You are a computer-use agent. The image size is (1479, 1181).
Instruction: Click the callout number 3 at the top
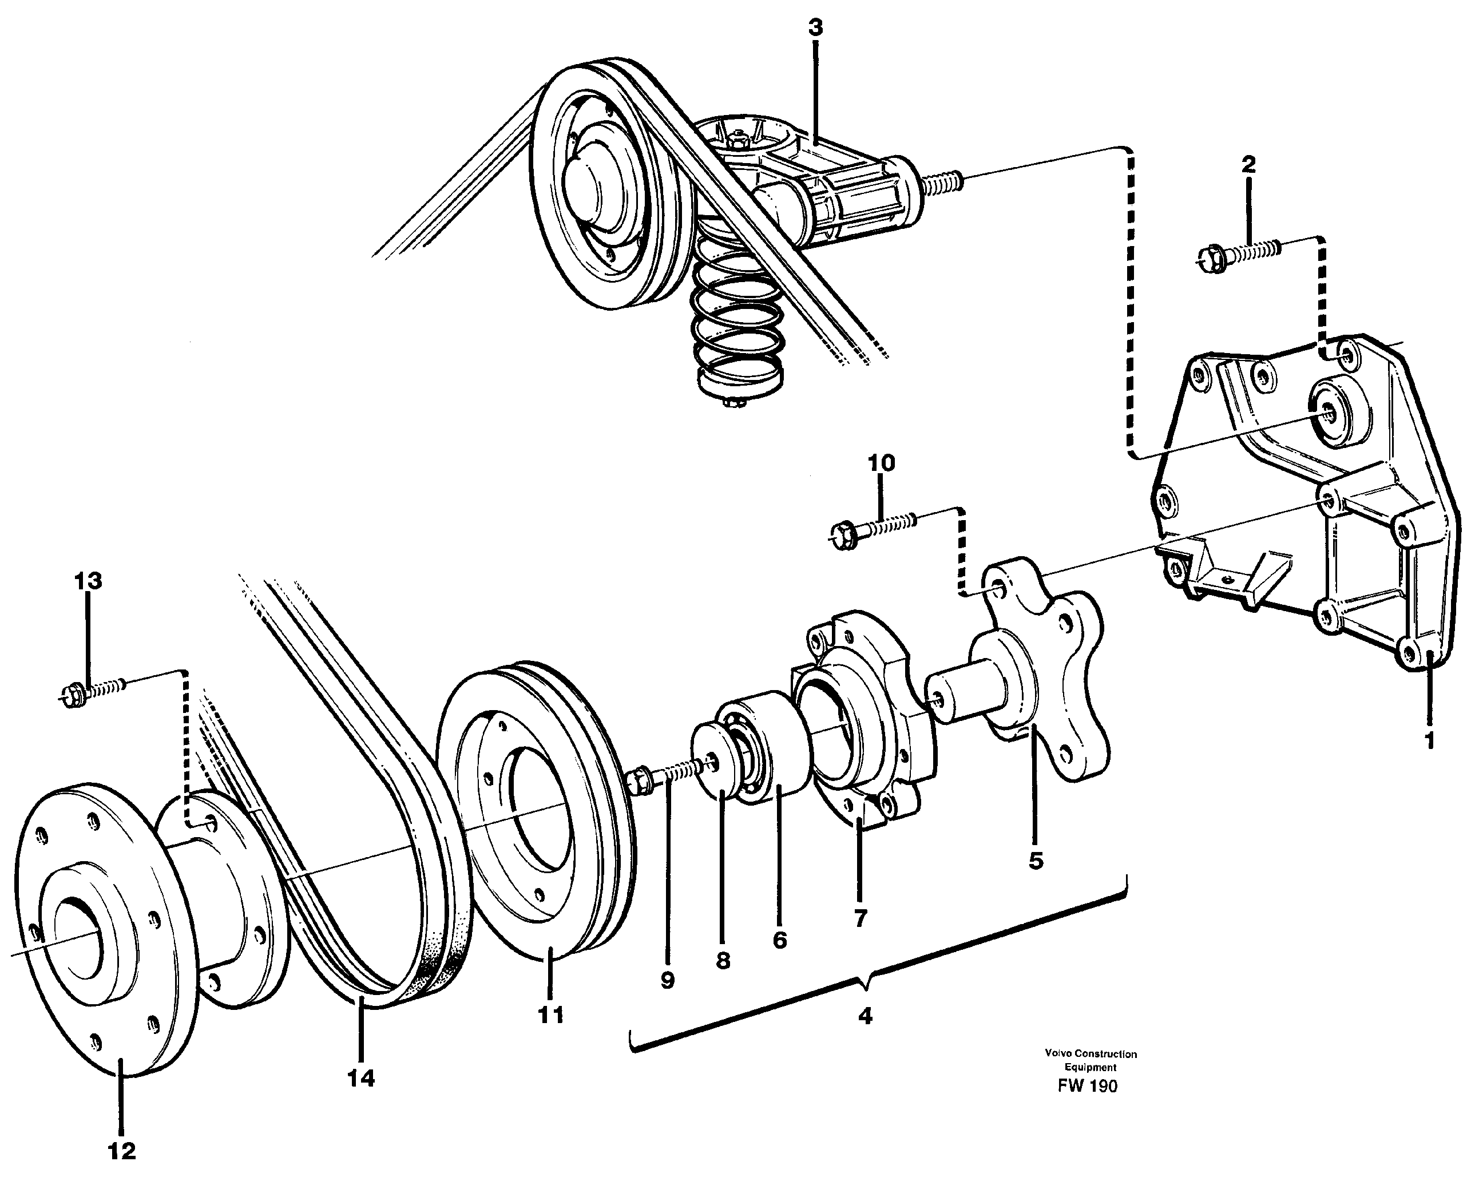pyautogui.click(x=815, y=28)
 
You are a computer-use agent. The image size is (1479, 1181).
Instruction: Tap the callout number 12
pyautogui.click(x=122, y=1151)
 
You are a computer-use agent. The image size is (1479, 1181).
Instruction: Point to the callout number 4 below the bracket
pyautogui.click(x=865, y=1016)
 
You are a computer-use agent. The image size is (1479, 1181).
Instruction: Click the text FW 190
pyautogui.click(x=1087, y=1085)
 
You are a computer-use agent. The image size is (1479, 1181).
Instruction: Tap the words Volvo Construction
pyautogui.click(x=1091, y=1054)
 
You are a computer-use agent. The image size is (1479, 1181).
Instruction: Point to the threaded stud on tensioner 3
pyautogui.click(x=943, y=184)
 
